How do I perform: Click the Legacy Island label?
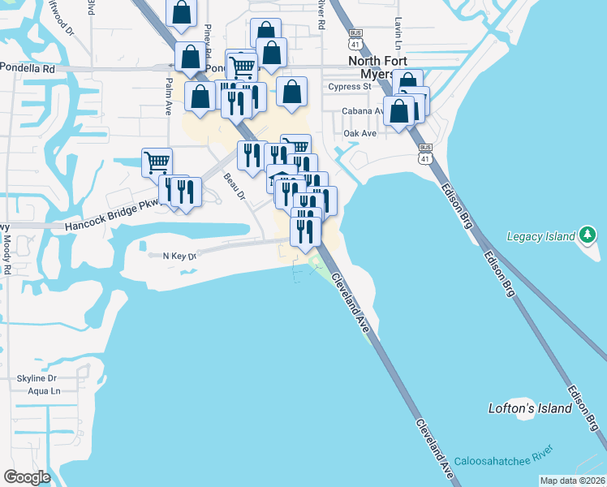pyautogui.click(x=540, y=236)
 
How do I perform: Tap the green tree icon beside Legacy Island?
pyautogui.click(x=588, y=235)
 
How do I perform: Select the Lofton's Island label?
pyautogui.click(x=531, y=408)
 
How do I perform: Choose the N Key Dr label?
pyautogui.click(x=180, y=256)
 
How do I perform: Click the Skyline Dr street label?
pyautogui.click(x=37, y=378)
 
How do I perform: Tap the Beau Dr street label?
pyautogui.click(x=235, y=185)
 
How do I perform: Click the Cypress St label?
pyautogui.click(x=350, y=86)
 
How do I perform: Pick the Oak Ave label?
pyautogui.click(x=360, y=133)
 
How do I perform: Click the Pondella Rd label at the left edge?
pyautogui.click(x=28, y=69)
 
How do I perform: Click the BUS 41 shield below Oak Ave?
pyautogui.click(x=425, y=154)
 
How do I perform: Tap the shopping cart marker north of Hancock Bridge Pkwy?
pyautogui.click(x=157, y=162)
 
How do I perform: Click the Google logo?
pyautogui.click(x=27, y=477)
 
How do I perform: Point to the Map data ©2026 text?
pyautogui.click(x=571, y=480)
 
